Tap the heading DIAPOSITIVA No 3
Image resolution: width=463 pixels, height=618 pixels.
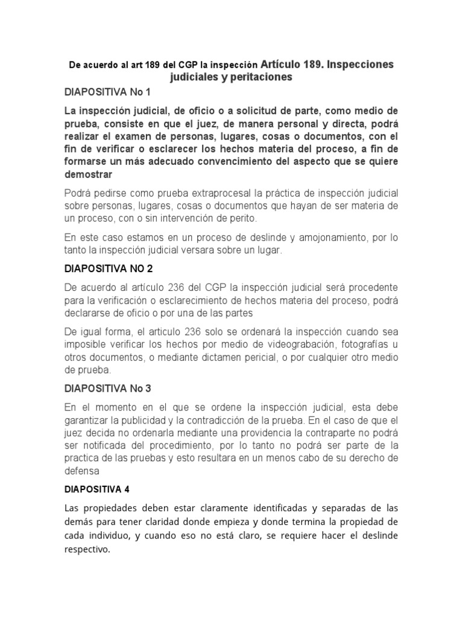(x=107, y=388)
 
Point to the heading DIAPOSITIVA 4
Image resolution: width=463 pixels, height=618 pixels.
(x=96, y=489)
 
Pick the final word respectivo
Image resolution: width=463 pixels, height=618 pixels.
(x=87, y=549)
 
